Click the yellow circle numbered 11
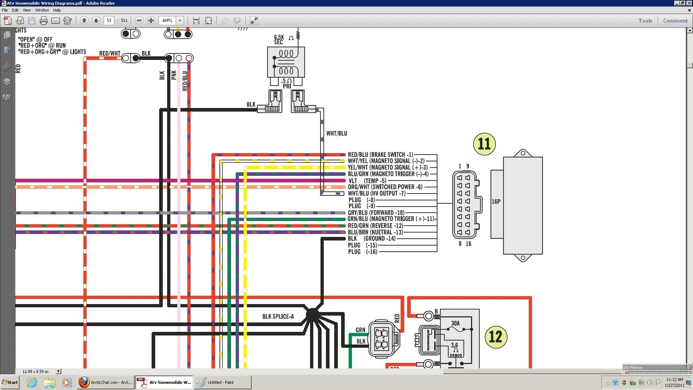[x=484, y=144]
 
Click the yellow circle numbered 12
[x=496, y=337]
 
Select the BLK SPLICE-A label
[x=278, y=317]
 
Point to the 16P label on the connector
[x=496, y=201]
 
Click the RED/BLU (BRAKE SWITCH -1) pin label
[x=380, y=155]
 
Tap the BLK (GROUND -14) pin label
[x=372, y=238]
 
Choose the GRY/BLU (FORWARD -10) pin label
[x=376, y=213]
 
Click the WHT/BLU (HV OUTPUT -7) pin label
[x=377, y=194]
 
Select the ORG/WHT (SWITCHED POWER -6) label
[x=385, y=187]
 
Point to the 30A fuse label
[x=456, y=323]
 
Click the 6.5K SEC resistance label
[x=279, y=40]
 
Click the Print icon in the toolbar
[x=44, y=21]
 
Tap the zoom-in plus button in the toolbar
[x=151, y=21]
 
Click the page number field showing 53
[x=109, y=21]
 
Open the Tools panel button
[x=645, y=21]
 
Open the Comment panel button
[x=675, y=21]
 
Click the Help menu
[x=57, y=10]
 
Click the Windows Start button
[x=10, y=382]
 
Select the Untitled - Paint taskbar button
[x=222, y=382]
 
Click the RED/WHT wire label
[x=110, y=53]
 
